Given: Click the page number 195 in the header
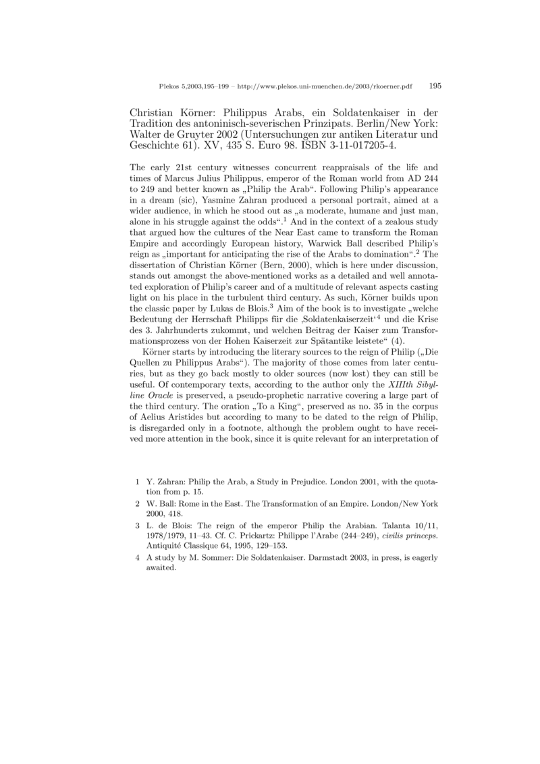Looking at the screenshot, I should click(x=435, y=86).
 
